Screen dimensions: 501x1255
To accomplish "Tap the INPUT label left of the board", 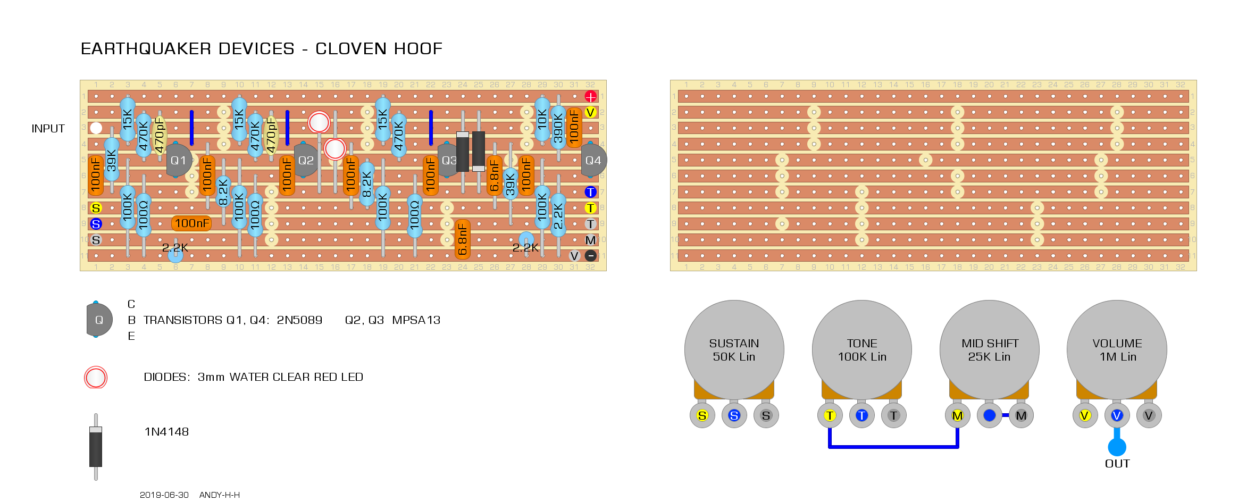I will [x=48, y=129].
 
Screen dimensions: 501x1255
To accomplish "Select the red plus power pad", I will [x=590, y=96].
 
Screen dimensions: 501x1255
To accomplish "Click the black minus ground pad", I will [x=590, y=256].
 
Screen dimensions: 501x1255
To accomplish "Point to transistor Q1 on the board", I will [x=178, y=160].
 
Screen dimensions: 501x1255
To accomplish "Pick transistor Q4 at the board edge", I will [x=593, y=160].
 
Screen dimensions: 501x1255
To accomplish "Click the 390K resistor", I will [x=558, y=128].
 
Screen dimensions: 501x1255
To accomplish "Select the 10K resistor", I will [x=542, y=119].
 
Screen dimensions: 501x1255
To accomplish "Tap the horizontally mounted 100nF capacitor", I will [x=191, y=223].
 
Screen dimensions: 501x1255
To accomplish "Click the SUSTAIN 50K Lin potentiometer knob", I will [x=734, y=350].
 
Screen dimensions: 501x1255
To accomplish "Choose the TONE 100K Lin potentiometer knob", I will [x=862, y=350].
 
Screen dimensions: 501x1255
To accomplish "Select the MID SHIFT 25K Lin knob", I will [x=990, y=350].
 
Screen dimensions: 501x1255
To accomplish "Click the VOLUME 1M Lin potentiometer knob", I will [x=1117, y=350].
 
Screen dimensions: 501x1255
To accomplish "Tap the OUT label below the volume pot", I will [x=1117, y=464].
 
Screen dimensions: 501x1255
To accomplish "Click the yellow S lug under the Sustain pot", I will [x=702, y=416].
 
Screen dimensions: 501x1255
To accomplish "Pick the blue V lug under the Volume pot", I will [x=1117, y=416].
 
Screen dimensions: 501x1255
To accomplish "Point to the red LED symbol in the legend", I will [x=96, y=378].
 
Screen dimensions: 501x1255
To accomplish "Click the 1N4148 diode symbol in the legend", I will [x=96, y=447].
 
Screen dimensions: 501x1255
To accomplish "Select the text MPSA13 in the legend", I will [x=416, y=320].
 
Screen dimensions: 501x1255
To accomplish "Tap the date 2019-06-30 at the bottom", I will [x=164, y=495].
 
